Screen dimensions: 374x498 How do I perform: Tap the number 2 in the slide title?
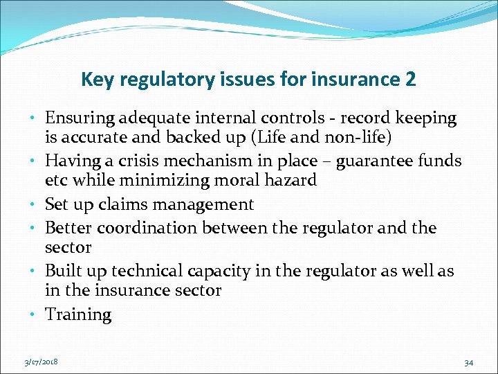[x=409, y=80]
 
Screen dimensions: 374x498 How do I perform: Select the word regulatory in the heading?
[x=157, y=80]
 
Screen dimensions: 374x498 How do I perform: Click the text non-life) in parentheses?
[x=356, y=139]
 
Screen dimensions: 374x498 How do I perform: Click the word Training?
[x=78, y=314]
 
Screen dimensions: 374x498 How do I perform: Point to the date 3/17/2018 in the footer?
[x=40, y=362]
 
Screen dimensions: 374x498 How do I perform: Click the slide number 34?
[x=468, y=362]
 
